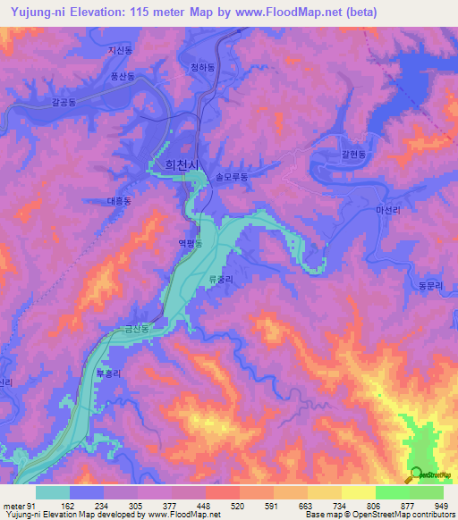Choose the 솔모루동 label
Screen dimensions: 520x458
(x=231, y=178)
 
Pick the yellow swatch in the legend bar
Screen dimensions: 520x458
(x=358, y=492)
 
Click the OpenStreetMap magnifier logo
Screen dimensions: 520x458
(x=416, y=474)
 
